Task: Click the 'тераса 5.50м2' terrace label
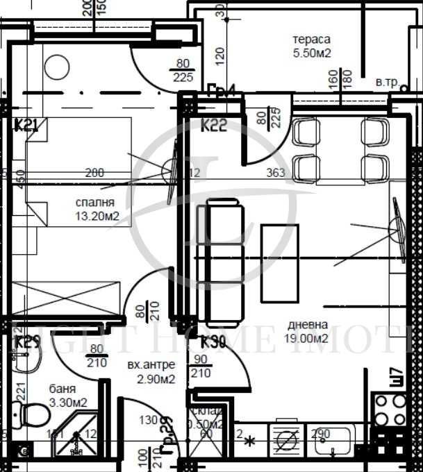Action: coord(311,45)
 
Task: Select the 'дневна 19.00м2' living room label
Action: coord(308,331)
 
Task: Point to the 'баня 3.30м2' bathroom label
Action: coord(67,396)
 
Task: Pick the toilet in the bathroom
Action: coord(32,415)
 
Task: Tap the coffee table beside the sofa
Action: coord(279,263)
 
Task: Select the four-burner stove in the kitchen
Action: coord(390,409)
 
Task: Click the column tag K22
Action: coord(215,126)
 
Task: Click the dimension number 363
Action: coord(276,173)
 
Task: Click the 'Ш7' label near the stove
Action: coord(397,377)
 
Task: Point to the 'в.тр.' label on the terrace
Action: coord(387,83)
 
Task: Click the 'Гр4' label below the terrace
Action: coord(222,89)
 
